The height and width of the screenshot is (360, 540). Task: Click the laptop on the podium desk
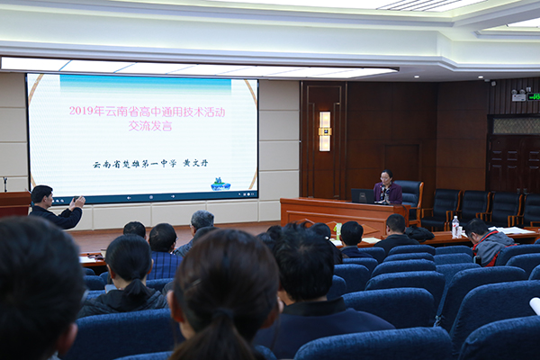click(363, 196)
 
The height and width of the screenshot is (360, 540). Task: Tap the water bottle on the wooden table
click(455, 227)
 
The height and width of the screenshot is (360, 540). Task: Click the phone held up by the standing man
click(76, 199)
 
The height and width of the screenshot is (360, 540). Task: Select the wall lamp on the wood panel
click(324, 131)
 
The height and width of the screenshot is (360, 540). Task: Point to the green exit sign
click(533, 96)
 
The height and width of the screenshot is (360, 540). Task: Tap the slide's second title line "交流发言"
click(150, 125)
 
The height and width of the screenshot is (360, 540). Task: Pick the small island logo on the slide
click(220, 184)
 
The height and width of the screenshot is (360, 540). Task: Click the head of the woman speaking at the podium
click(386, 176)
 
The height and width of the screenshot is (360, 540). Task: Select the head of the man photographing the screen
click(41, 195)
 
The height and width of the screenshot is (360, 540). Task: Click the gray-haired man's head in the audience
click(202, 220)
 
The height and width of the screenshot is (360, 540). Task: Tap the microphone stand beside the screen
click(5, 184)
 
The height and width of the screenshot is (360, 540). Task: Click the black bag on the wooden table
click(419, 234)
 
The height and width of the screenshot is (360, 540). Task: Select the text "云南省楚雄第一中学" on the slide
click(134, 164)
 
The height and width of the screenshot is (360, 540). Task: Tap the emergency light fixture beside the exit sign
click(518, 94)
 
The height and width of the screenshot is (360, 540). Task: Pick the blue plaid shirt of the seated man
click(165, 265)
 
